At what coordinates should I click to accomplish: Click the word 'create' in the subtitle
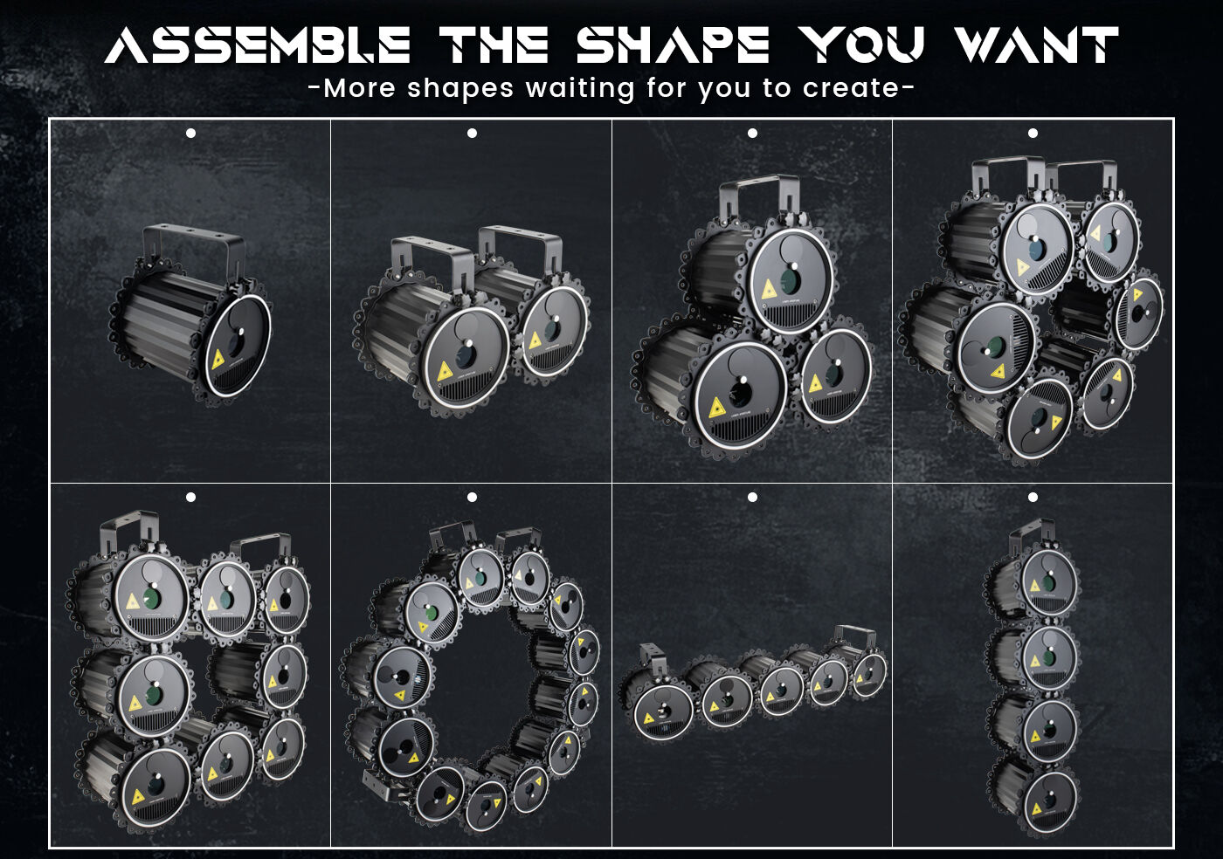click(x=851, y=89)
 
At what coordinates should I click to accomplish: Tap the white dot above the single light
click(x=190, y=134)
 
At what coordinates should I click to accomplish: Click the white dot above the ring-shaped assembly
click(x=473, y=498)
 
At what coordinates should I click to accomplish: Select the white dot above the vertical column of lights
click(x=1033, y=498)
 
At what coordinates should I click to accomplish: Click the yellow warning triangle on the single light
click(x=219, y=359)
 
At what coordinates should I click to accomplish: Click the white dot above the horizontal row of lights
click(x=752, y=498)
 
